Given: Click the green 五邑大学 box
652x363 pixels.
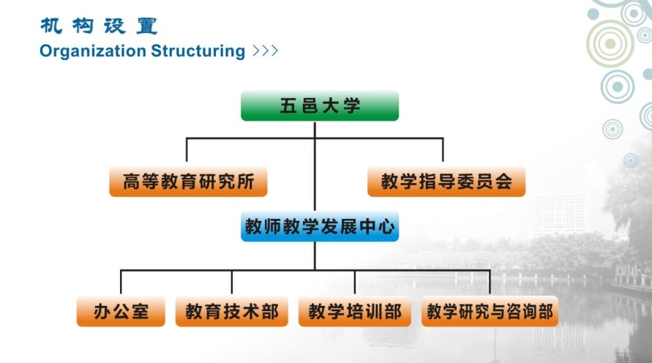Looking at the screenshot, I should point(320,106).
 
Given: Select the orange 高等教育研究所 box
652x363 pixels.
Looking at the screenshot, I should point(188,182).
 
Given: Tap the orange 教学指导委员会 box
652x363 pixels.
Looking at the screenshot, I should point(446,182).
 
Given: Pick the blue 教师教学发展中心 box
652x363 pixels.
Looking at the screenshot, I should point(320,227).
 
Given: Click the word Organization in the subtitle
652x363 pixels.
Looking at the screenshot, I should point(93,51).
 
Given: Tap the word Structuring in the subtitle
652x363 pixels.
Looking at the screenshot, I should point(198,51).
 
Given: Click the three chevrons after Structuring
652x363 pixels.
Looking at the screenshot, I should point(264,51).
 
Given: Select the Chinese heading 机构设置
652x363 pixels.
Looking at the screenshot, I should point(98,26).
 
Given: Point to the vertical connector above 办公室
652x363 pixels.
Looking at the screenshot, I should point(121,282).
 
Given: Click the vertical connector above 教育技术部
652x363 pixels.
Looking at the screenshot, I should point(232,282).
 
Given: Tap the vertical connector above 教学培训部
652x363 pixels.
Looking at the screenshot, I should point(355,282).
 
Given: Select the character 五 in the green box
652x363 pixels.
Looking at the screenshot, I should point(288,106).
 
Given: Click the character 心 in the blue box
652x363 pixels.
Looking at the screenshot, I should point(387,227).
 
